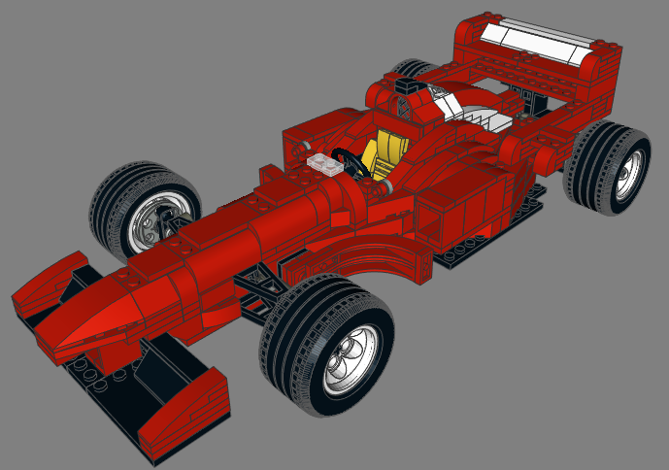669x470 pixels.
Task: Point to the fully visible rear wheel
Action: pos(608,164)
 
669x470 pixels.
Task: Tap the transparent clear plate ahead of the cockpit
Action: pos(324,165)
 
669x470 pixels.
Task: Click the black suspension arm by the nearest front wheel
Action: pos(262,287)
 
